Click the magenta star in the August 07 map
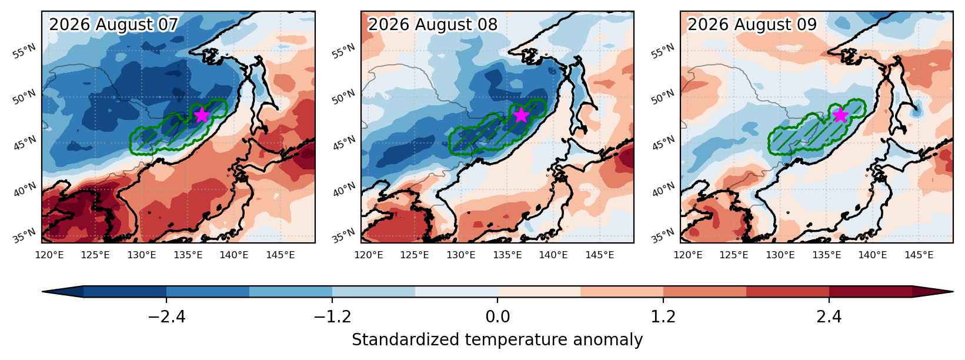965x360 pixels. (x=202, y=115)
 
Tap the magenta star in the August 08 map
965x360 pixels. (x=521, y=115)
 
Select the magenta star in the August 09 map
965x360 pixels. (x=840, y=115)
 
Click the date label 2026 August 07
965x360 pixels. (x=113, y=25)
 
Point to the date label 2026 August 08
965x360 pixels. (x=433, y=25)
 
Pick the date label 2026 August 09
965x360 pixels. (x=752, y=25)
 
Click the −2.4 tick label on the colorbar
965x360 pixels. (x=166, y=317)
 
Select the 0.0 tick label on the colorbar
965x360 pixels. (x=497, y=317)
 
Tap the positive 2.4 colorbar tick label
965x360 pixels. (x=829, y=317)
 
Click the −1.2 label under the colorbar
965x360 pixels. (x=332, y=317)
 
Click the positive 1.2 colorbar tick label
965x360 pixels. (x=663, y=317)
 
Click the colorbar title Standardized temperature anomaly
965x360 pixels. (x=497, y=340)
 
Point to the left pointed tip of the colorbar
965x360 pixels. (x=43, y=291)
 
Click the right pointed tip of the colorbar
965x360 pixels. (x=953, y=291)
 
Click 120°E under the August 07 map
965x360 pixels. (x=49, y=255)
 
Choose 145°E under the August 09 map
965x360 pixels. (x=919, y=255)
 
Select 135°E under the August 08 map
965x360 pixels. (x=507, y=255)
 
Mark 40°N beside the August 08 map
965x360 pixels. (x=344, y=189)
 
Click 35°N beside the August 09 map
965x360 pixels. (x=663, y=235)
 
